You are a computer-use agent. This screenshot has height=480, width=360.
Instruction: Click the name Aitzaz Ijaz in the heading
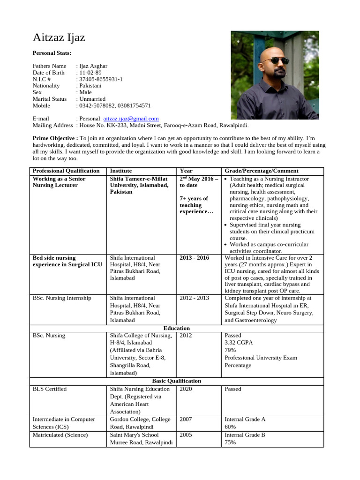(59, 38)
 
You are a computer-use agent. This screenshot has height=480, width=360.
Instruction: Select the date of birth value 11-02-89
(90, 73)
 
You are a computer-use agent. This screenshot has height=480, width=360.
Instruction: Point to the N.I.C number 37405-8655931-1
(101, 79)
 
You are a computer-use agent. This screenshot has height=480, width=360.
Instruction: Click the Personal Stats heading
(52, 53)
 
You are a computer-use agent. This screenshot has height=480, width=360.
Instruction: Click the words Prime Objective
(54, 139)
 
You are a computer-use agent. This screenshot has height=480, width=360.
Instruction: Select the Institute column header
(120, 171)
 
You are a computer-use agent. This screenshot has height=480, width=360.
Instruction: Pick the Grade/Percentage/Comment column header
(261, 171)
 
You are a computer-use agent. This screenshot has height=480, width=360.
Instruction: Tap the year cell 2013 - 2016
(194, 258)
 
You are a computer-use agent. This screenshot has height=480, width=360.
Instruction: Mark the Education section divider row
(176, 328)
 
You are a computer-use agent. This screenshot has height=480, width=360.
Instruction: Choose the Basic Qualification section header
(176, 381)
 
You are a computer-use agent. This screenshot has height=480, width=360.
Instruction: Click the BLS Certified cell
(50, 389)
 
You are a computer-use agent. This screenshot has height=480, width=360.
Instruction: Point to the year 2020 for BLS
(186, 389)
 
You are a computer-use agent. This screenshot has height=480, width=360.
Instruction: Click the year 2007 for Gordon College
(186, 420)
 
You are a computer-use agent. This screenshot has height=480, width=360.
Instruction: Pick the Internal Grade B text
(245, 435)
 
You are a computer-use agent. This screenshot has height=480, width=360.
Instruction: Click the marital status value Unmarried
(92, 99)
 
